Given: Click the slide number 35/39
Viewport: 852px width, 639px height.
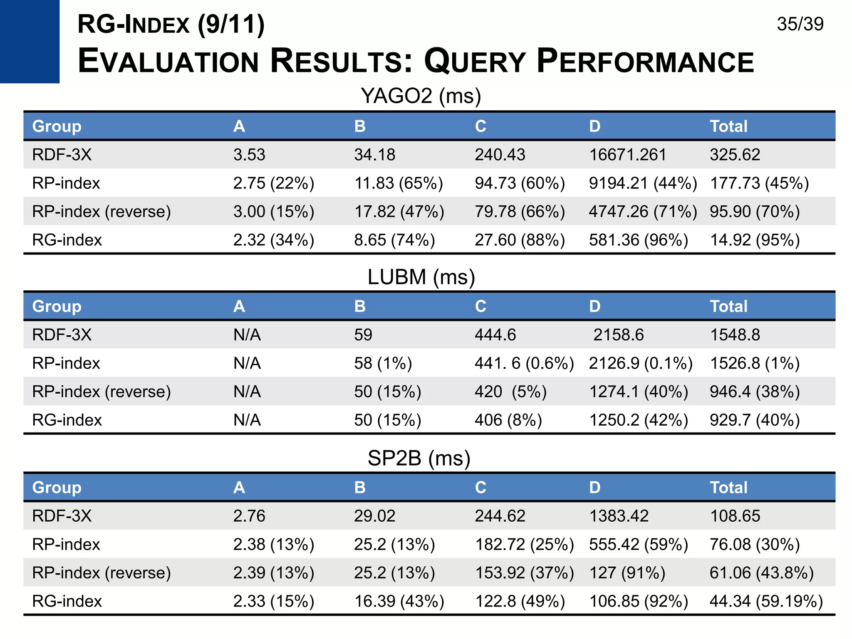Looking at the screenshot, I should [x=800, y=24].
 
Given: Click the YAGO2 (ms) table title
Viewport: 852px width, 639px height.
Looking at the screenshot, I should [x=421, y=96].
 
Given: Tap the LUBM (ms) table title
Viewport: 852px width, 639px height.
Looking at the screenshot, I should [x=421, y=277].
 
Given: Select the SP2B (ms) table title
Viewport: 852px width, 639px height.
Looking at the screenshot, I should [x=419, y=458].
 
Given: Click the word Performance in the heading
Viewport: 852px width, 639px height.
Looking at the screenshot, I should [x=645, y=62].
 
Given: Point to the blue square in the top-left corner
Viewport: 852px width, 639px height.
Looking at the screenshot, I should [x=30, y=41].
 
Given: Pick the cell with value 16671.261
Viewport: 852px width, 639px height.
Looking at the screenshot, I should [x=627, y=155].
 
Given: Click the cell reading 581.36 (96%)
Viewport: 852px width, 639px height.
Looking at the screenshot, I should [x=638, y=240].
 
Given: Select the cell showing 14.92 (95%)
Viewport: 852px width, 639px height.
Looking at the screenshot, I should [x=755, y=240].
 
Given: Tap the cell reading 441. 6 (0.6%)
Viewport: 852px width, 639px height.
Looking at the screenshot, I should [x=524, y=363].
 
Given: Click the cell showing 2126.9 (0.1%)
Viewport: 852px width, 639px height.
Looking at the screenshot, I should [x=641, y=363].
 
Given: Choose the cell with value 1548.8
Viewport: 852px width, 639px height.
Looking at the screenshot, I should [x=735, y=335].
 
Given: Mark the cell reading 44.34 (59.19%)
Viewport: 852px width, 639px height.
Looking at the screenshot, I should [x=766, y=601].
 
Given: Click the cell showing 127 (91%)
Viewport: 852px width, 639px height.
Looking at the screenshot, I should [x=627, y=573].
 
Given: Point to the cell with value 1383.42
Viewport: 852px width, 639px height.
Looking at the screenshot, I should [x=619, y=516].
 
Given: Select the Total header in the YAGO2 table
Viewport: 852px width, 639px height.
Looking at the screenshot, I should [x=728, y=126].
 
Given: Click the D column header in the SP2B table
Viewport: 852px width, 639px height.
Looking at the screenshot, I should [x=594, y=487].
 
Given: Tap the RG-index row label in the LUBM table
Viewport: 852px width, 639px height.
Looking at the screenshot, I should [x=67, y=420].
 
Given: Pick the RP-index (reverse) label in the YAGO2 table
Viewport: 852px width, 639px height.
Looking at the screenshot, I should [x=102, y=212].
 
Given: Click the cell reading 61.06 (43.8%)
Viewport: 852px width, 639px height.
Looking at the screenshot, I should [x=761, y=573].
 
